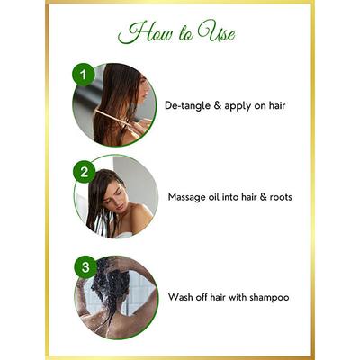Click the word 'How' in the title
pos(141,34)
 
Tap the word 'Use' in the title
pos(219,34)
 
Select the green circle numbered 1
pos(84,75)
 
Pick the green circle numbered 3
pos(84,267)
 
